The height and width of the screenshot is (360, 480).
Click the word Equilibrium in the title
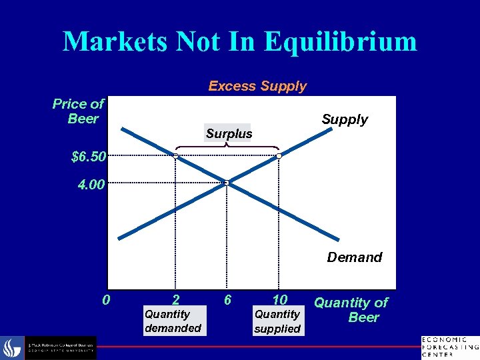click(340, 41)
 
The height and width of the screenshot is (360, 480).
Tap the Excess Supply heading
click(257, 86)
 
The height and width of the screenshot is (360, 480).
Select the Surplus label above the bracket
click(229, 134)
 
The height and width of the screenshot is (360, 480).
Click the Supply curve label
click(345, 119)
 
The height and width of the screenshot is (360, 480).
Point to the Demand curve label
click(354, 257)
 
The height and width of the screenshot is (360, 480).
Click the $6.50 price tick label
click(88, 157)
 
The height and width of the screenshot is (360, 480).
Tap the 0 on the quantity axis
click(106, 300)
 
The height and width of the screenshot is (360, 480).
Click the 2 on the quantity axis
click(175, 300)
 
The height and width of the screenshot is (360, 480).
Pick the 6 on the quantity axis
click(227, 300)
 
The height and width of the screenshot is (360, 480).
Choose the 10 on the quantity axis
click(279, 300)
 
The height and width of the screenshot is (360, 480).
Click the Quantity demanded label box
click(173, 321)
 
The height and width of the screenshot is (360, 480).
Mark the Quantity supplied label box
click(278, 321)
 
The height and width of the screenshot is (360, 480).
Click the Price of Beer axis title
click(79, 111)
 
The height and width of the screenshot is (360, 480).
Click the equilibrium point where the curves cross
click(227, 182)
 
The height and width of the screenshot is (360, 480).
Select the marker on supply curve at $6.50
click(279, 156)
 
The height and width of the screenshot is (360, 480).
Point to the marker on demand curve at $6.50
click(175, 156)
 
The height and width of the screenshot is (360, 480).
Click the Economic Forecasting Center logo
click(449, 347)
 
